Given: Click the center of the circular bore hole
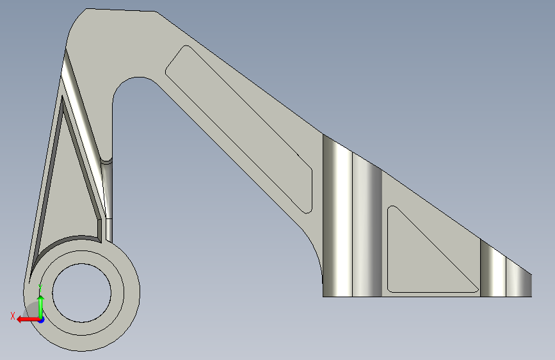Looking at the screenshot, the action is tap(82, 293).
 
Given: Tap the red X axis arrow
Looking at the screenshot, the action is tap(28, 319).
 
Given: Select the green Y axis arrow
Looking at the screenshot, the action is tap(41, 306).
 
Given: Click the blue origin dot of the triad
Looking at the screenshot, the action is tap(42, 320).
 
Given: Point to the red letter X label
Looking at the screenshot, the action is tap(13, 316).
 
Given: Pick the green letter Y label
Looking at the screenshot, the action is tap(40, 288).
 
